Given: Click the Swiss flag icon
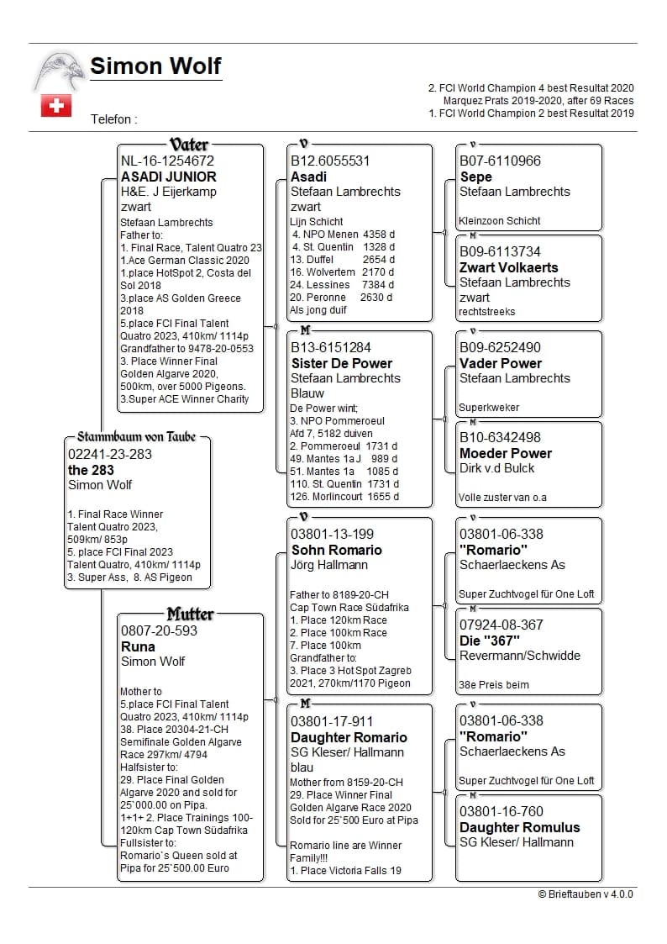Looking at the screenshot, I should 56,106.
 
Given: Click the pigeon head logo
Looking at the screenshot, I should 59,71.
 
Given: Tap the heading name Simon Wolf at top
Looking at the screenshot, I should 155,66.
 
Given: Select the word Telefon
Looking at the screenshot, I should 111,119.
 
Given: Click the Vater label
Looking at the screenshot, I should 189,145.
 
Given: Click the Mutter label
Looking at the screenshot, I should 190,614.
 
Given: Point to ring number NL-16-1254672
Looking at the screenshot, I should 167,161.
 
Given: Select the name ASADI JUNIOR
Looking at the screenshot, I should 169,177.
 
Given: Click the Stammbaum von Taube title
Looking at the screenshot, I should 136,437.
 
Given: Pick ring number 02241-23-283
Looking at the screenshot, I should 109,454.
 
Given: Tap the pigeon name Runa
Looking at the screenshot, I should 138,646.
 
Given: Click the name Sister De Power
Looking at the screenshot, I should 341,363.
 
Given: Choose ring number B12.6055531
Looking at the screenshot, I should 330,161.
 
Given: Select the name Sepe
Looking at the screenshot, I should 475,177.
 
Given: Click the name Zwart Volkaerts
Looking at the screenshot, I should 508,267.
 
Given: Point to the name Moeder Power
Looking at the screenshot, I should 506,453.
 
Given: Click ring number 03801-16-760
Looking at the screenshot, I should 501,811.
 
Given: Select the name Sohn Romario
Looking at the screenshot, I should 336,550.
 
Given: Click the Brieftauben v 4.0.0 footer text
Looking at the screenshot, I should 586,894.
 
